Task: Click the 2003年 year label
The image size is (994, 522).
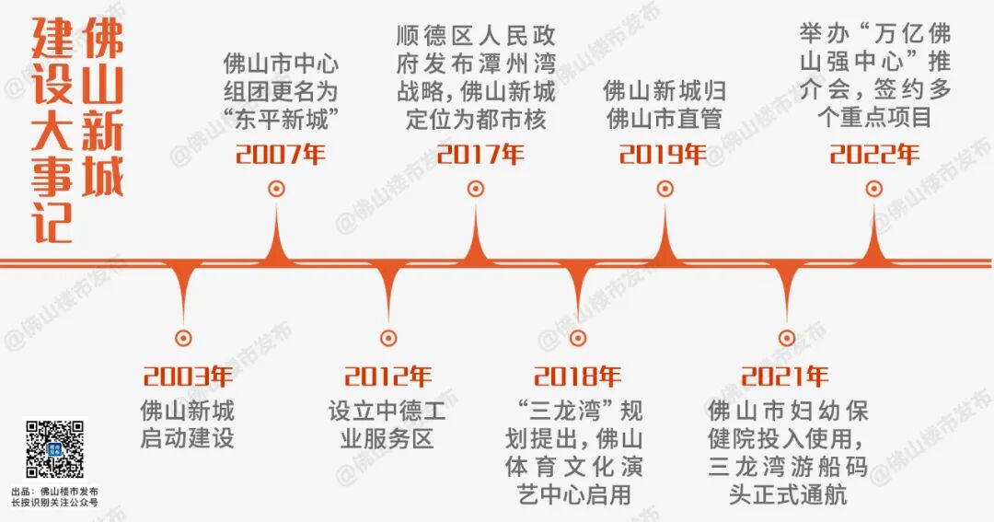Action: (x=188, y=377)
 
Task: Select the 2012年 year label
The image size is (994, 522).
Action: (x=387, y=377)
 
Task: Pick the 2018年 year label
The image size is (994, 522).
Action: (x=577, y=377)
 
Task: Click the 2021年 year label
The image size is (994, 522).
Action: (x=784, y=377)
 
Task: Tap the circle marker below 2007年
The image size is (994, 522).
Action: (x=276, y=189)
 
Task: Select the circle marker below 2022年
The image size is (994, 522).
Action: (x=873, y=189)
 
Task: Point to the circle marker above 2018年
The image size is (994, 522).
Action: (x=577, y=338)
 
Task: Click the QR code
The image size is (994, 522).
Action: (x=54, y=448)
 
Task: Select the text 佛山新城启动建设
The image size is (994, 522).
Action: (x=187, y=423)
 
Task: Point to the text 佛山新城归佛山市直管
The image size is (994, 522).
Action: (x=663, y=104)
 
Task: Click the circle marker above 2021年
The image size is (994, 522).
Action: (x=786, y=338)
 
